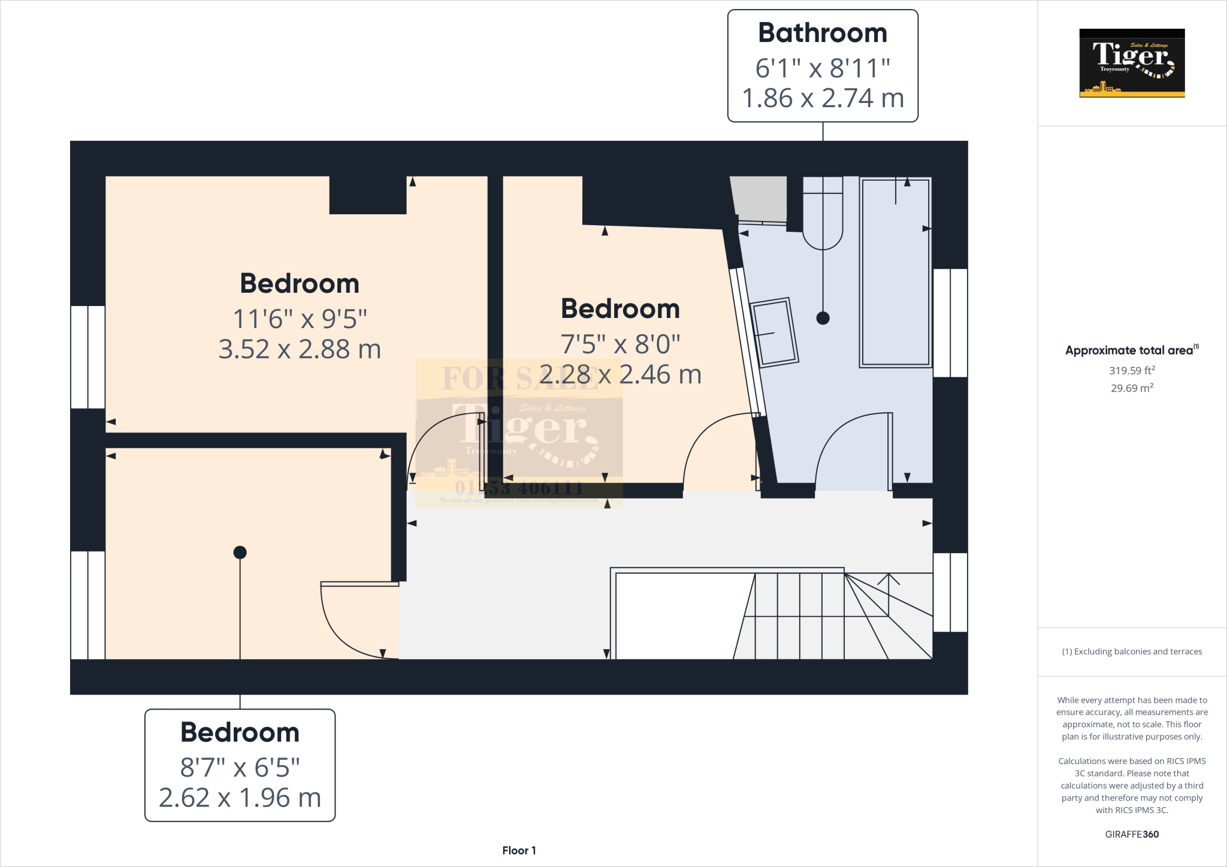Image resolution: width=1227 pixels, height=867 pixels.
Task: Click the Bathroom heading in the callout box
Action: (823, 33)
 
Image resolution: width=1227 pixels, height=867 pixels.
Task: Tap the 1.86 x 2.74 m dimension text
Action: (823, 98)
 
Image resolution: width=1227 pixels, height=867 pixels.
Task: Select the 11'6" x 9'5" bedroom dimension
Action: (300, 319)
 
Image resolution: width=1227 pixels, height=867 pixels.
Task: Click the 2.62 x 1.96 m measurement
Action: (240, 798)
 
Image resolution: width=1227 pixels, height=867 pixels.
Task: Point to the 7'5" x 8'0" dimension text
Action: (620, 344)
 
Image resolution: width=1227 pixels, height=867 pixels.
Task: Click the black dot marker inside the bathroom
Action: (823, 318)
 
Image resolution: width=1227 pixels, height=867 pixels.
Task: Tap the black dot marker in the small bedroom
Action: (240, 552)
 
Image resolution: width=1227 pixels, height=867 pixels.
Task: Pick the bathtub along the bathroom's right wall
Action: (895, 272)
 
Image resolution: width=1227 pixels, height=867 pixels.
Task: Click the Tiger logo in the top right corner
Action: (1132, 63)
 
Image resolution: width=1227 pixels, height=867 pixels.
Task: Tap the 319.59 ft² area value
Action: (1132, 371)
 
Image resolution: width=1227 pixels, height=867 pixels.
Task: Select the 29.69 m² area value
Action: (1132, 388)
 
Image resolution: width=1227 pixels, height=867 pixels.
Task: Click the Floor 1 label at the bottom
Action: (519, 850)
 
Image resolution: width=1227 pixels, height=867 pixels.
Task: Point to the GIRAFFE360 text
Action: (1132, 834)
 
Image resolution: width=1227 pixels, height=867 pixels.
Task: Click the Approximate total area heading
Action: (1130, 351)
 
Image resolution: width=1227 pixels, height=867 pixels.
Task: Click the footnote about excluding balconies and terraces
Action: (1132, 651)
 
